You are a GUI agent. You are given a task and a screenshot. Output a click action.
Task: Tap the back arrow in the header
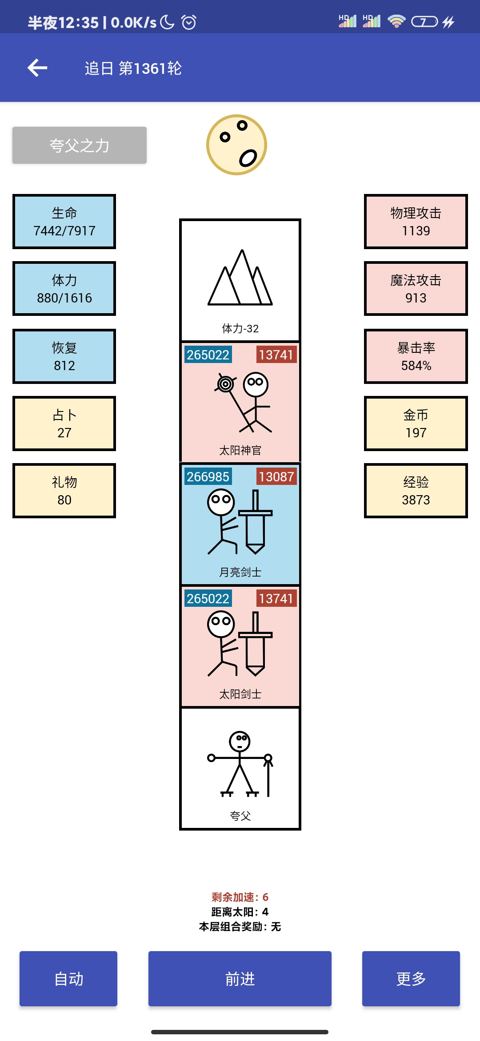pyautogui.click(x=37, y=68)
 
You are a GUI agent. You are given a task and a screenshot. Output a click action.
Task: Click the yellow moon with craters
pyautogui.click(x=236, y=145)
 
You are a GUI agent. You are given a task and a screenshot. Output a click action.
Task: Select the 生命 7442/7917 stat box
pyautogui.click(x=64, y=222)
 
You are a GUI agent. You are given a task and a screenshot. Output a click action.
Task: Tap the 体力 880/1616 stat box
pyautogui.click(x=64, y=289)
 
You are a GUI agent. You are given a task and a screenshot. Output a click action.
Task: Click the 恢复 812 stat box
pyautogui.click(x=64, y=356)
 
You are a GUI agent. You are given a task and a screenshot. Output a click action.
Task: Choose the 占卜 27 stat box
pyautogui.click(x=64, y=424)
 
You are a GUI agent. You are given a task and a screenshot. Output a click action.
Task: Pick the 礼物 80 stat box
pyautogui.click(x=64, y=491)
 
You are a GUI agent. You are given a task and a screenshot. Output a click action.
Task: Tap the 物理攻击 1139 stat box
pyautogui.click(x=416, y=222)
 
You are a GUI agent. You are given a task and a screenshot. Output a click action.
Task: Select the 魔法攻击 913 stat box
pyautogui.click(x=416, y=289)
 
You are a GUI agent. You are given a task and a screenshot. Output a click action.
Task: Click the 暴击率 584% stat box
pyautogui.click(x=416, y=356)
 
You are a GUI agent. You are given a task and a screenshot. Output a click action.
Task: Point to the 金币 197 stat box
pyautogui.click(x=416, y=424)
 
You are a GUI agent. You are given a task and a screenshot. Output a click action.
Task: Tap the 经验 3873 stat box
pyautogui.click(x=416, y=491)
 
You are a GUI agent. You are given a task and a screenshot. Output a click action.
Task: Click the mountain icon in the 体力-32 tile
pyautogui.click(x=240, y=278)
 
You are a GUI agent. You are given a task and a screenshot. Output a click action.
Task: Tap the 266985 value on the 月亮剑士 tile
pyautogui.click(x=208, y=477)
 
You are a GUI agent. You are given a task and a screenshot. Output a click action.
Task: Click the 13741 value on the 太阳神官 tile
pyautogui.click(x=276, y=355)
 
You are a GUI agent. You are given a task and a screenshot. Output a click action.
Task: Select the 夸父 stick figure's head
pyautogui.click(x=240, y=742)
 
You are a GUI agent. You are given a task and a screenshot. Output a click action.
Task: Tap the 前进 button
pyautogui.click(x=240, y=979)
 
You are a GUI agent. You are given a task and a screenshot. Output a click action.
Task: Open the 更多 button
pyautogui.click(x=411, y=979)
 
